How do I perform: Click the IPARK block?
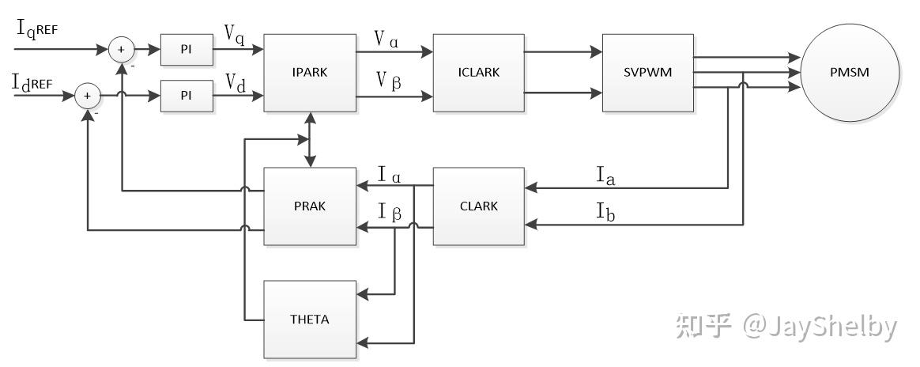click(x=310, y=73)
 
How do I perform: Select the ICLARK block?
click(x=479, y=73)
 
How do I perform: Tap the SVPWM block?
click(x=648, y=73)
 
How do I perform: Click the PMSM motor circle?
click(x=850, y=73)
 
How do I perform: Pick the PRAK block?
click(x=310, y=206)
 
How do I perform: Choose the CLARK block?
click(x=479, y=206)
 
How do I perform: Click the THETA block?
click(x=310, y=320)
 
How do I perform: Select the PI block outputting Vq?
click(x=187, y=49)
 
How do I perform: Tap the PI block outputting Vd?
click(x=187, y=95)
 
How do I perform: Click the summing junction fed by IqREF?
click(x=122, y=49)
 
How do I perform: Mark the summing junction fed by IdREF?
click(x=88, y=95)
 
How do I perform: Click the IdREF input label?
click(x=33, y=83)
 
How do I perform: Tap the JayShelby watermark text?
click(x=820, y=327)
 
